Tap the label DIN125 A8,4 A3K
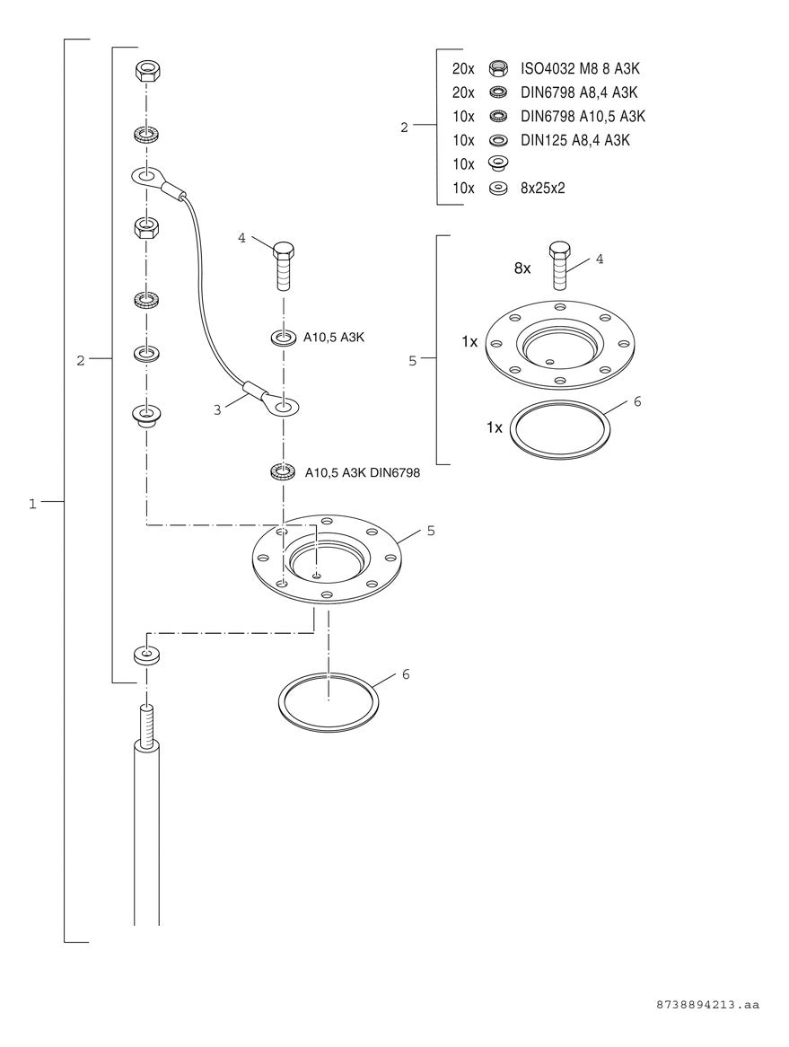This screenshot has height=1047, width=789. point(574,140)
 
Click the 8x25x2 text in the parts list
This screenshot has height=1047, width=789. point(543,189)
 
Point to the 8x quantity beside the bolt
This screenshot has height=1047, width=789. point(522,268)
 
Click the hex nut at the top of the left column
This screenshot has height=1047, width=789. point(146,71)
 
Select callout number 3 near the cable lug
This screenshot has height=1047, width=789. point(217,410)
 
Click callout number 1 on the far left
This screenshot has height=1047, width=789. point(32,504)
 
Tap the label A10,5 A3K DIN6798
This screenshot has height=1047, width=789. point(363,472)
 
